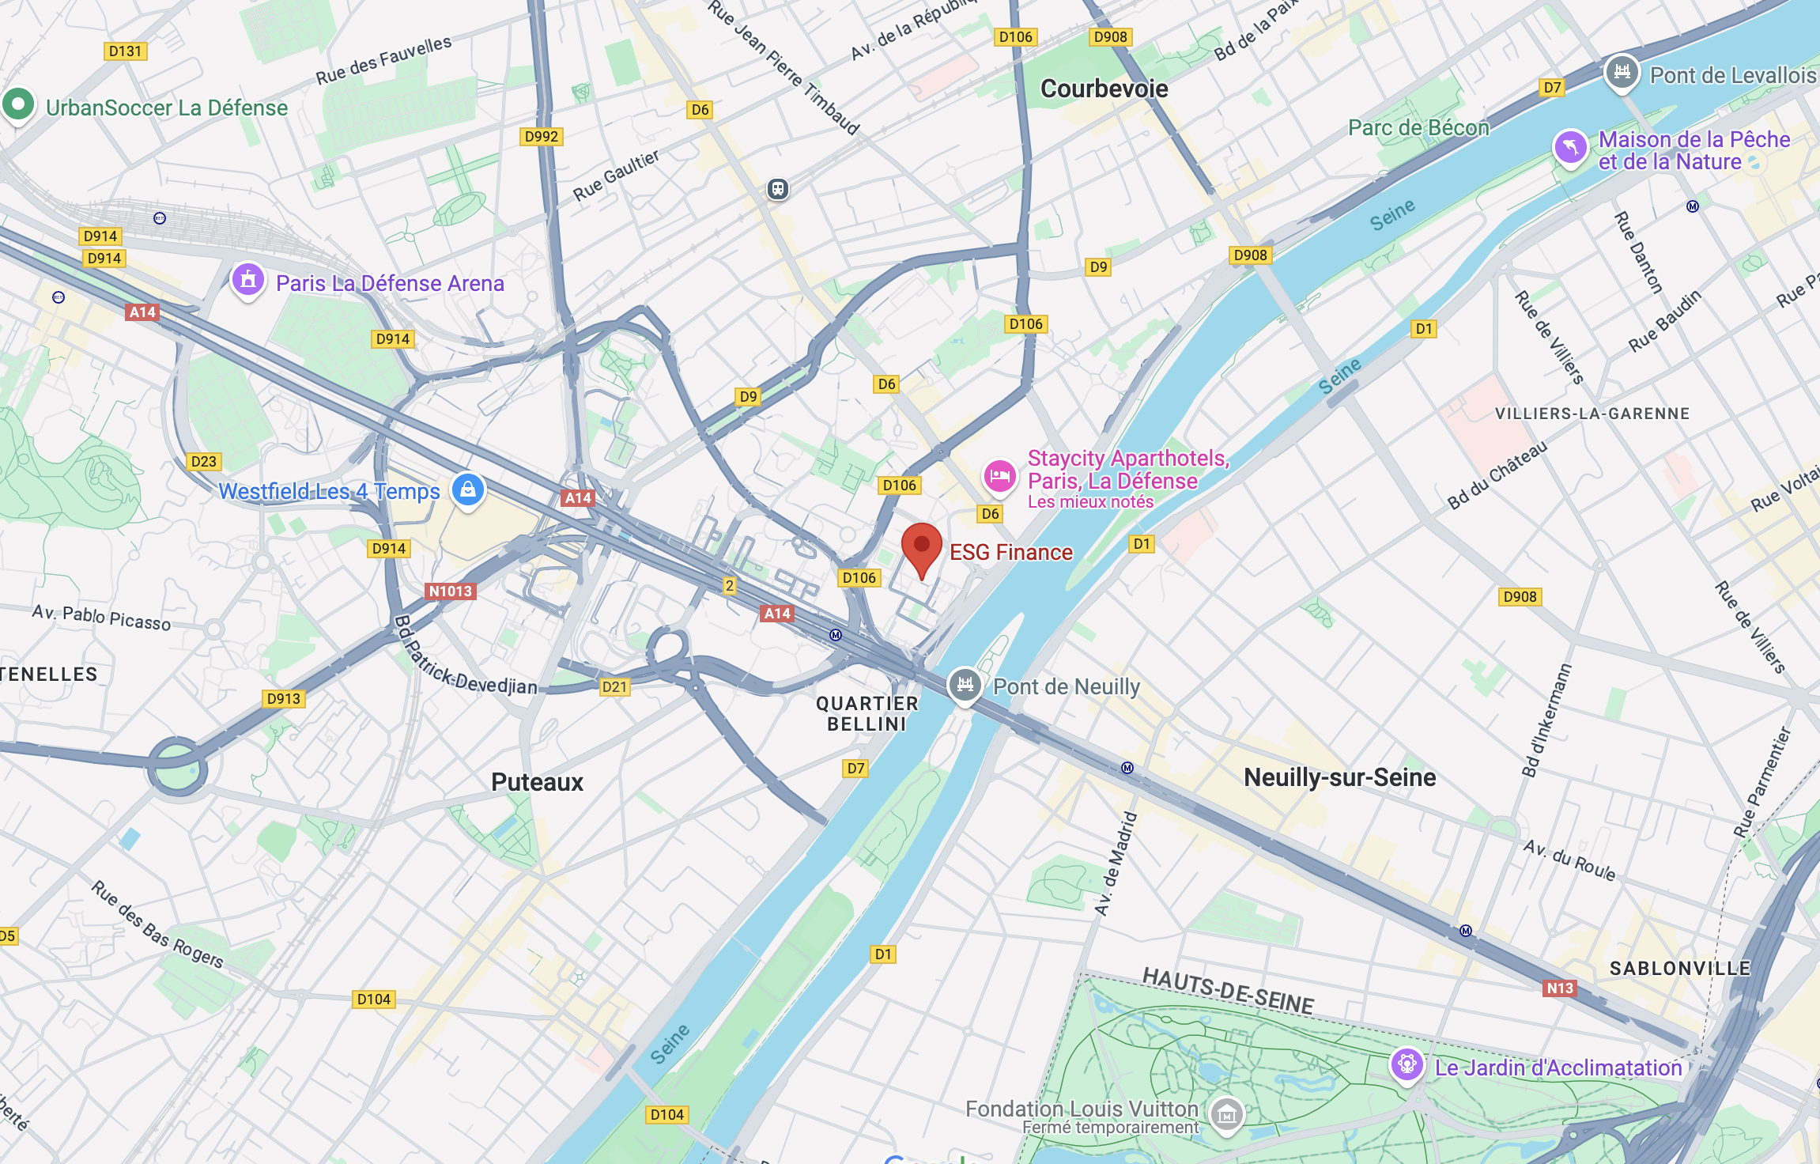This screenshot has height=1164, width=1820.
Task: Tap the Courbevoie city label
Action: click(1104, 89)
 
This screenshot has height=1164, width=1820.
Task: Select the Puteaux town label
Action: click(537, 782)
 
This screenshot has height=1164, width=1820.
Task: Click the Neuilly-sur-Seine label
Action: click(1339, 777)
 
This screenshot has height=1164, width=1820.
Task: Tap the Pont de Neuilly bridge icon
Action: click(965, 684)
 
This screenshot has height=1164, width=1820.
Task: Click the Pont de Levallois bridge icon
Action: click(1622, 73)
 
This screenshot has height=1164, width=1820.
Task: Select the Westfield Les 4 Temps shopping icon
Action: click(467, 489)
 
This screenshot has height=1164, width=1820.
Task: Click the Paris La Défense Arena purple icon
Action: click(247, 280)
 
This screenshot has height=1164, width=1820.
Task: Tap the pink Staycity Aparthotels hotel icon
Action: click(999, 476)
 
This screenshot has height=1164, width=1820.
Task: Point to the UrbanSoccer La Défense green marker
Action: click(17, 104)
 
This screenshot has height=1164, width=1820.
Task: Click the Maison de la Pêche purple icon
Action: click(1570, 147)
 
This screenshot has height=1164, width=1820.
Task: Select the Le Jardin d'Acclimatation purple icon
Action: click(1407, 1064)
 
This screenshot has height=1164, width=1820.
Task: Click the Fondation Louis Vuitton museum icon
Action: click(1226, 1115)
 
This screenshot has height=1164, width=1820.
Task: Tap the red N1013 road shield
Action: click(450, 591)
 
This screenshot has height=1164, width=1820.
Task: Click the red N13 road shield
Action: click(1559, 988)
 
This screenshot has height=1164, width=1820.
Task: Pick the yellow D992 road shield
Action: click(542, 136)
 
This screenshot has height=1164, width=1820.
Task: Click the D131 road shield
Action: click(125, 51)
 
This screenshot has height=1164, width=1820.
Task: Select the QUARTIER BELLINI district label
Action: click(867, 713)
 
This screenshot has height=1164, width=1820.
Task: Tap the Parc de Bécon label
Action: click(1418, 127)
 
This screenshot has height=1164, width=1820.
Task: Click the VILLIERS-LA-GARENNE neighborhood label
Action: click(1592, 414)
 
